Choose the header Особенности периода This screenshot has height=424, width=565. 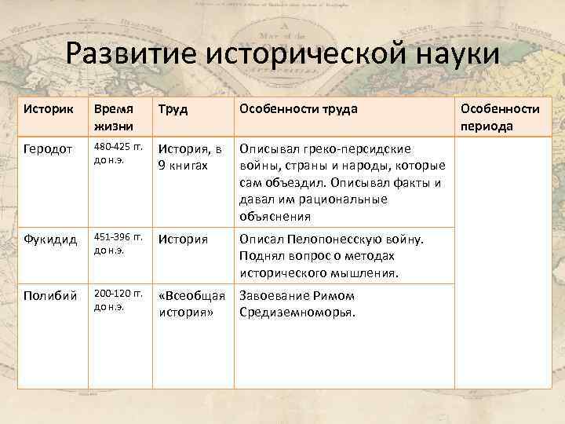coord(500,117)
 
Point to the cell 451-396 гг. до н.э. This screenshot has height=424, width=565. coord(118,244)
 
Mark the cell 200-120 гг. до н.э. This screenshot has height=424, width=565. coord(118,301)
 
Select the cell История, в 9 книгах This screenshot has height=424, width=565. coord(191,156)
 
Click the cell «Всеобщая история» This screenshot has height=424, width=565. coord(191,304)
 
